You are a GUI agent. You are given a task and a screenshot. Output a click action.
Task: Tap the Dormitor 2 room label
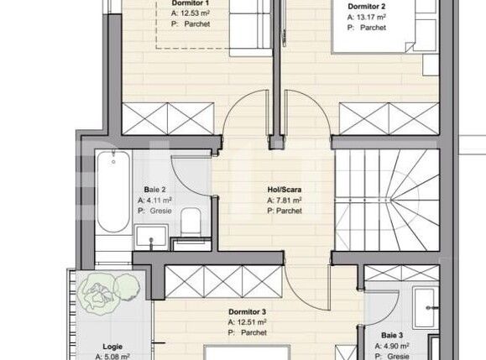click(366, 6)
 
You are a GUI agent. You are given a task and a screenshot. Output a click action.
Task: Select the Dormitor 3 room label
click(247, 310)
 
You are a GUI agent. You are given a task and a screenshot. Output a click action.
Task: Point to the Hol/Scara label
click(285, 190)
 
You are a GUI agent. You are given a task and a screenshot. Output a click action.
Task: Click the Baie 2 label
click(154, 190)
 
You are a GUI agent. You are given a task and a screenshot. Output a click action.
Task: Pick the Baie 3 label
click(389, 335)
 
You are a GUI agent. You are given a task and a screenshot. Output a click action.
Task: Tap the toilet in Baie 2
click(191, 223)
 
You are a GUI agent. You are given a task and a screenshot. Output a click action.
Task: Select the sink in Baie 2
click(152, 236)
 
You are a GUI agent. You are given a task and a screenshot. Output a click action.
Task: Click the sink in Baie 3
click(425, 303)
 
